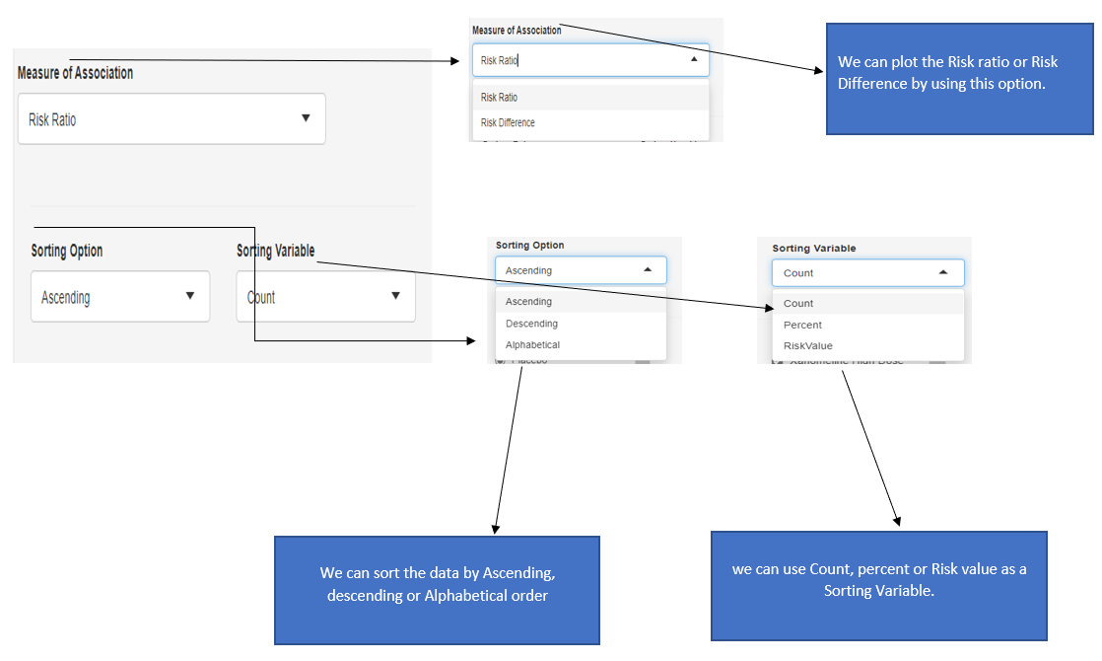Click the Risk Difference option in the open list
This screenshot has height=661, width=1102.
[508, 123]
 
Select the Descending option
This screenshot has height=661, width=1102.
[531, 324]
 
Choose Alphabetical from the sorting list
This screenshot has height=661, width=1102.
[532, 345]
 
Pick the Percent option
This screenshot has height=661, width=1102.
[802, 325]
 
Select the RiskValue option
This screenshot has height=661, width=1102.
[807, 346]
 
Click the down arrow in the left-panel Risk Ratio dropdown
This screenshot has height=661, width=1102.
[306, 118]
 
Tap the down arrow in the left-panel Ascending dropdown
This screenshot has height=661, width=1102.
[190, 296]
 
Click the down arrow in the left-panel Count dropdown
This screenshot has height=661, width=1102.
[395, 296]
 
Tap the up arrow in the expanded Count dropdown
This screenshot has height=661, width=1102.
[943, 272]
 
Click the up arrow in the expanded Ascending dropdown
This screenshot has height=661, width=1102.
[648, 269]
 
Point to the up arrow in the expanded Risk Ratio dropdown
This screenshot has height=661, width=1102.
[694, 59]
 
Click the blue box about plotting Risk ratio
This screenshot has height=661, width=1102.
[959, 79]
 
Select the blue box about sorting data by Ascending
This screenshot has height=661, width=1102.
[436, 590]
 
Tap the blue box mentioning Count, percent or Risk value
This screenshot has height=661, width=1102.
[878, 586]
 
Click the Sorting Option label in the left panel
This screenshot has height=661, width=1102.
[67, 251]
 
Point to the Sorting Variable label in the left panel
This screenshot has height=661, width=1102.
[275, 251]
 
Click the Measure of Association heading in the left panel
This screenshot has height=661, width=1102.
[75, 73]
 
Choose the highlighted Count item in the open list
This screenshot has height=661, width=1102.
[798, 304]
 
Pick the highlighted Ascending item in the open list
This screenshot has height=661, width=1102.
[528, 302]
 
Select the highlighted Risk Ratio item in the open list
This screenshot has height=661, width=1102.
[499, 98]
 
